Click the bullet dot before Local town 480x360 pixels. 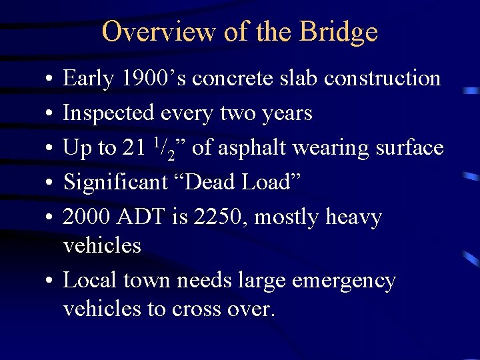pos(51,281)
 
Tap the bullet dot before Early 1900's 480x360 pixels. pos(51,79)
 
